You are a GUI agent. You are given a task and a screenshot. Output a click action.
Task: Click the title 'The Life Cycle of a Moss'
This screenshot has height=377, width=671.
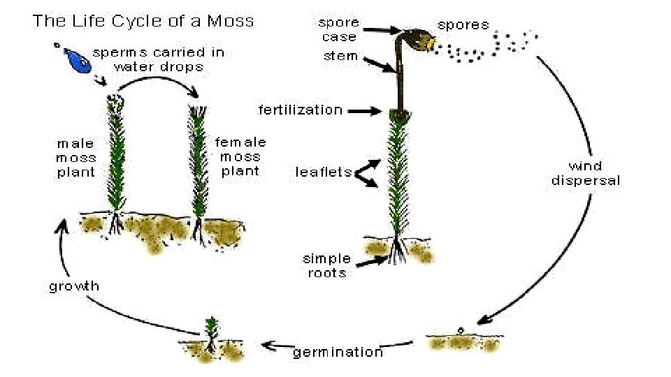143,20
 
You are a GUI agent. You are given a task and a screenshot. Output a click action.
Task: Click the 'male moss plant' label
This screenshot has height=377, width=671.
76,158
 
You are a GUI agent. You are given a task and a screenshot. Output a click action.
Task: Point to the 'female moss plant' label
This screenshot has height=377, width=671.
240,156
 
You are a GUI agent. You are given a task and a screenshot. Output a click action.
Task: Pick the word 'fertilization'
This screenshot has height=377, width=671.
301,110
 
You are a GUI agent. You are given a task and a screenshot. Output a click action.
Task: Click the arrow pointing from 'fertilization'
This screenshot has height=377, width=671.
364,110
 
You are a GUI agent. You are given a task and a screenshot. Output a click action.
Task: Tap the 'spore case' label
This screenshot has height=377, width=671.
339,29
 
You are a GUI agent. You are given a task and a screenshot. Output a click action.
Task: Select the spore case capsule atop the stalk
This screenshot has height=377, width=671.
417,40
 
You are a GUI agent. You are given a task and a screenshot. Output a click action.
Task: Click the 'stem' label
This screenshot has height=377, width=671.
340,56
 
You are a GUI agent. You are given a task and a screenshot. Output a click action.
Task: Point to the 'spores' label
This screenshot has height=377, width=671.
463,25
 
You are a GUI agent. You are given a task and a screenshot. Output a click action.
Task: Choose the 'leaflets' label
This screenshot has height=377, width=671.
323,172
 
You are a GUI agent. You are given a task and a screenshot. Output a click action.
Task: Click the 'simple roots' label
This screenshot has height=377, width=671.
327,266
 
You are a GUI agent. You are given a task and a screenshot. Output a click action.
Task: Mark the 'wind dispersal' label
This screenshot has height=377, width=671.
586,173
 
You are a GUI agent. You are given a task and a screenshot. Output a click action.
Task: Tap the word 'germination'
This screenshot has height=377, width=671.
338,352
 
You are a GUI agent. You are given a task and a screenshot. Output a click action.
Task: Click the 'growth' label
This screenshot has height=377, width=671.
74,286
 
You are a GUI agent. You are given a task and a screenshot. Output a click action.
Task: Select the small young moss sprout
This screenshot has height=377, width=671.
210,329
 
